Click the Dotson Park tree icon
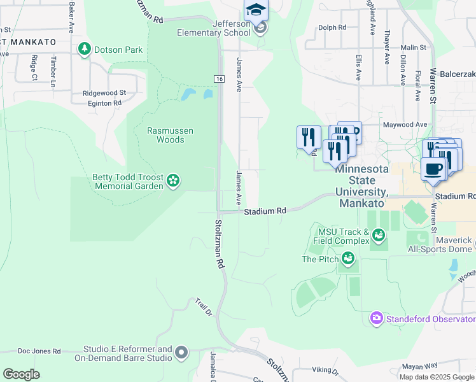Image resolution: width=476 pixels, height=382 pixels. [x=84, y=49]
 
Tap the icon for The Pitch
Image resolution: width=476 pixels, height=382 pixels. [x=347, y=258]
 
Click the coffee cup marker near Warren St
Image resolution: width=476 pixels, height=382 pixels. [x=433, y=169]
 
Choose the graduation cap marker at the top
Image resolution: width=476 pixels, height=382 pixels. [x=256, y=10]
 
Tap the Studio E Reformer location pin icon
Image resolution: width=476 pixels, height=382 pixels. [x=181, y=352]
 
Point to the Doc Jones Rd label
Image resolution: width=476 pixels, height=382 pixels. [x=39, y=351]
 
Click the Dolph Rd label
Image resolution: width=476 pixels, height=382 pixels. [x=332, y=27]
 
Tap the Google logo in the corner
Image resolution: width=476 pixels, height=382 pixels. [x=21, y=374]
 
